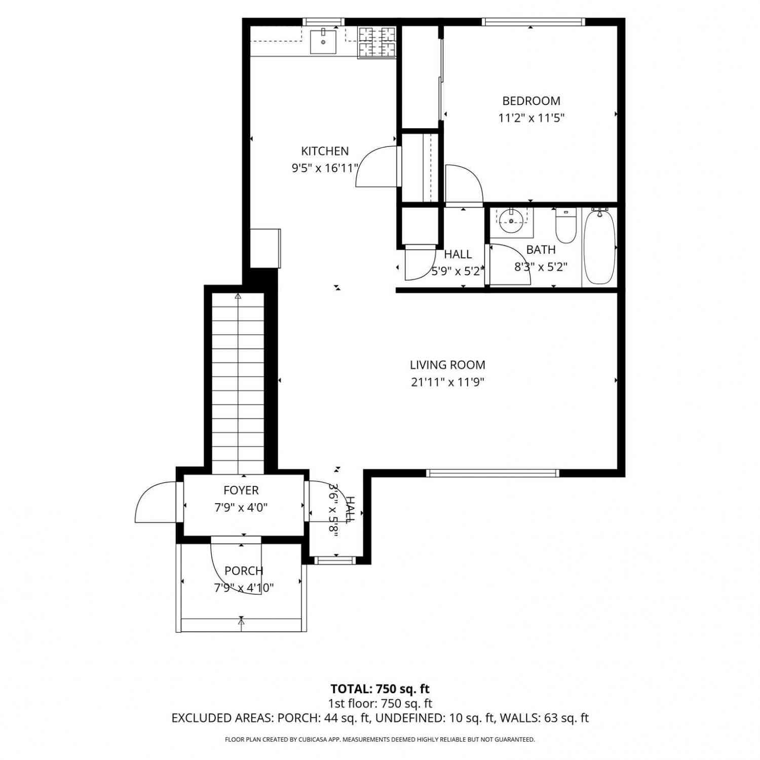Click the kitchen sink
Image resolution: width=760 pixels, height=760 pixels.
coord(323,41)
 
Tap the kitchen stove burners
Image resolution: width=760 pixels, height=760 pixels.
coord(377,42)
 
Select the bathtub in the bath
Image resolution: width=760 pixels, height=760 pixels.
coord(599,247)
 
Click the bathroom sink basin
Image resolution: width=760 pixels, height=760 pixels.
coord(511,219)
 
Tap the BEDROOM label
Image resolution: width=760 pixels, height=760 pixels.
coord(531,101)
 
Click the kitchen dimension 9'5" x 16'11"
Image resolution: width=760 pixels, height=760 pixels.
coord(325,168)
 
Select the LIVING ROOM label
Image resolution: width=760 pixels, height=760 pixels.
coord(447,365)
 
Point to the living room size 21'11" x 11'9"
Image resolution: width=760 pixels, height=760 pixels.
coord(447,382)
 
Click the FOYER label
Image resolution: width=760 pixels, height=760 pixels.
coord(241,490)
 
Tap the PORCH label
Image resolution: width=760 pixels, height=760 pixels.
coord(244,571)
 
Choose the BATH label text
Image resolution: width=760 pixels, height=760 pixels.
coord(541,249)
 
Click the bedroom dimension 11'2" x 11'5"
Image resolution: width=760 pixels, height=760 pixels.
coord(531,118)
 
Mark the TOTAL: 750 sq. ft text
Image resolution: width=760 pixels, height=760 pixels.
coord(380,689)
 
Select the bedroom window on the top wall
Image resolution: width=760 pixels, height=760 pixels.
coord(534,22)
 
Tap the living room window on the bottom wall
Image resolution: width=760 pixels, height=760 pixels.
coord(492,473)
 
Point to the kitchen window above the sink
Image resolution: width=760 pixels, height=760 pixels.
coord(323,22)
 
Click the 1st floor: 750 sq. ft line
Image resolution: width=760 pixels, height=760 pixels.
coord(380,703)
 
